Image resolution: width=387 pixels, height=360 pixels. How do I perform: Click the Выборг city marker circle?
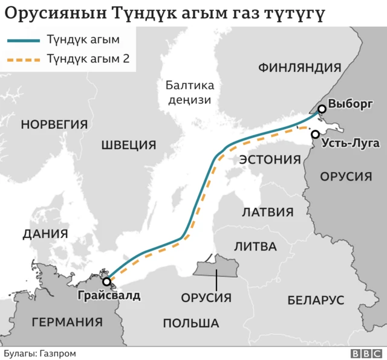click(x=322, y=109)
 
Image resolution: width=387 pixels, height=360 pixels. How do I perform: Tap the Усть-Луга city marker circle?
click(x=315, y=135)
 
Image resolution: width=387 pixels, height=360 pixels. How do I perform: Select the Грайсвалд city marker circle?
click(x=107, y=281)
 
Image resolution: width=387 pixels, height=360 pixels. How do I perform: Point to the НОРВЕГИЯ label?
click(x=54, y=124)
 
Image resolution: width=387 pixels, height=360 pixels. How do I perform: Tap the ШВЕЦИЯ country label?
click(x=128, y=145)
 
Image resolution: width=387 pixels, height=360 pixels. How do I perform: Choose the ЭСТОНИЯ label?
click(x=270, y=159)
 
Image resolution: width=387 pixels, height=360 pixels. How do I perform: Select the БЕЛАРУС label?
click(x=316, y=300)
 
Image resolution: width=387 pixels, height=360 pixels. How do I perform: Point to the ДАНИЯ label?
click(x=44, y=234)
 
